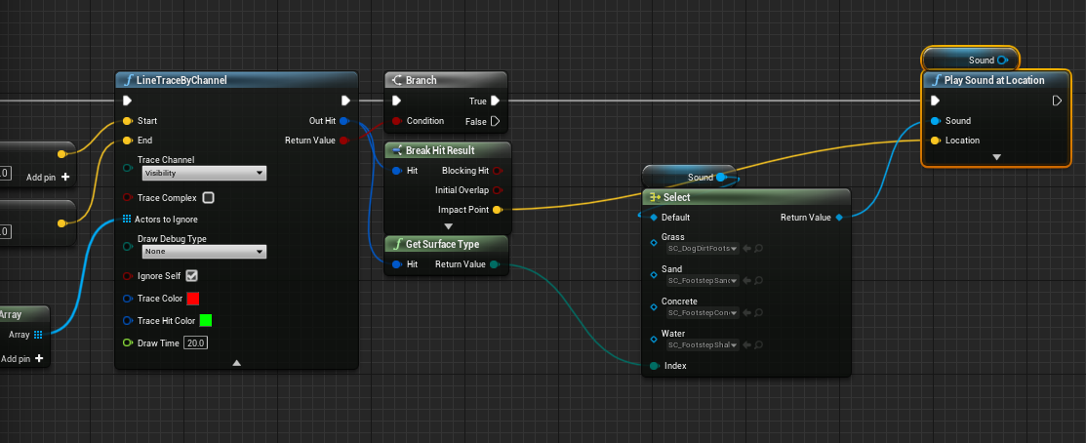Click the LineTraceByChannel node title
pyautogui.click(x=182, y=80)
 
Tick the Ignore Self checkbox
pyautogui.click(x=192, y=276)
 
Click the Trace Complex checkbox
pyautogui.click(x=208, y=197)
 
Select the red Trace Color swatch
pyautogui.click(x=192, y=299)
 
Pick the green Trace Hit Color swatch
pyautogui.click(x=206, y=320)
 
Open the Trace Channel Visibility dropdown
pyautogui.click(x=203, y=173)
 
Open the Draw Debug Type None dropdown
pyautogui.click(x=203, y=251)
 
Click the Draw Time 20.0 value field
pyautogui.click(x=196, y=343)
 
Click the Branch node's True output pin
pyautogui.click(x=496, y=101)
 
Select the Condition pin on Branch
pyautogui.click(x=396, y=121)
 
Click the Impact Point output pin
pyautogui.click(x=498, y=210)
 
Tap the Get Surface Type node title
pyautogui.click(x=442, y=244)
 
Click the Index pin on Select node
pyautogui.click(x=654, y=366)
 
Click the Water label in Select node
pyautogui.click(x=673, y=334)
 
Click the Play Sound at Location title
pyautogui.click(x=994, y=80)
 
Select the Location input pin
pyautogui.click(x=936, y=141)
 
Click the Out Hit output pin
pyautogui.click(x=344, y=121)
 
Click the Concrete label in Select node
pyautogui.click(x=679, y=302)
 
